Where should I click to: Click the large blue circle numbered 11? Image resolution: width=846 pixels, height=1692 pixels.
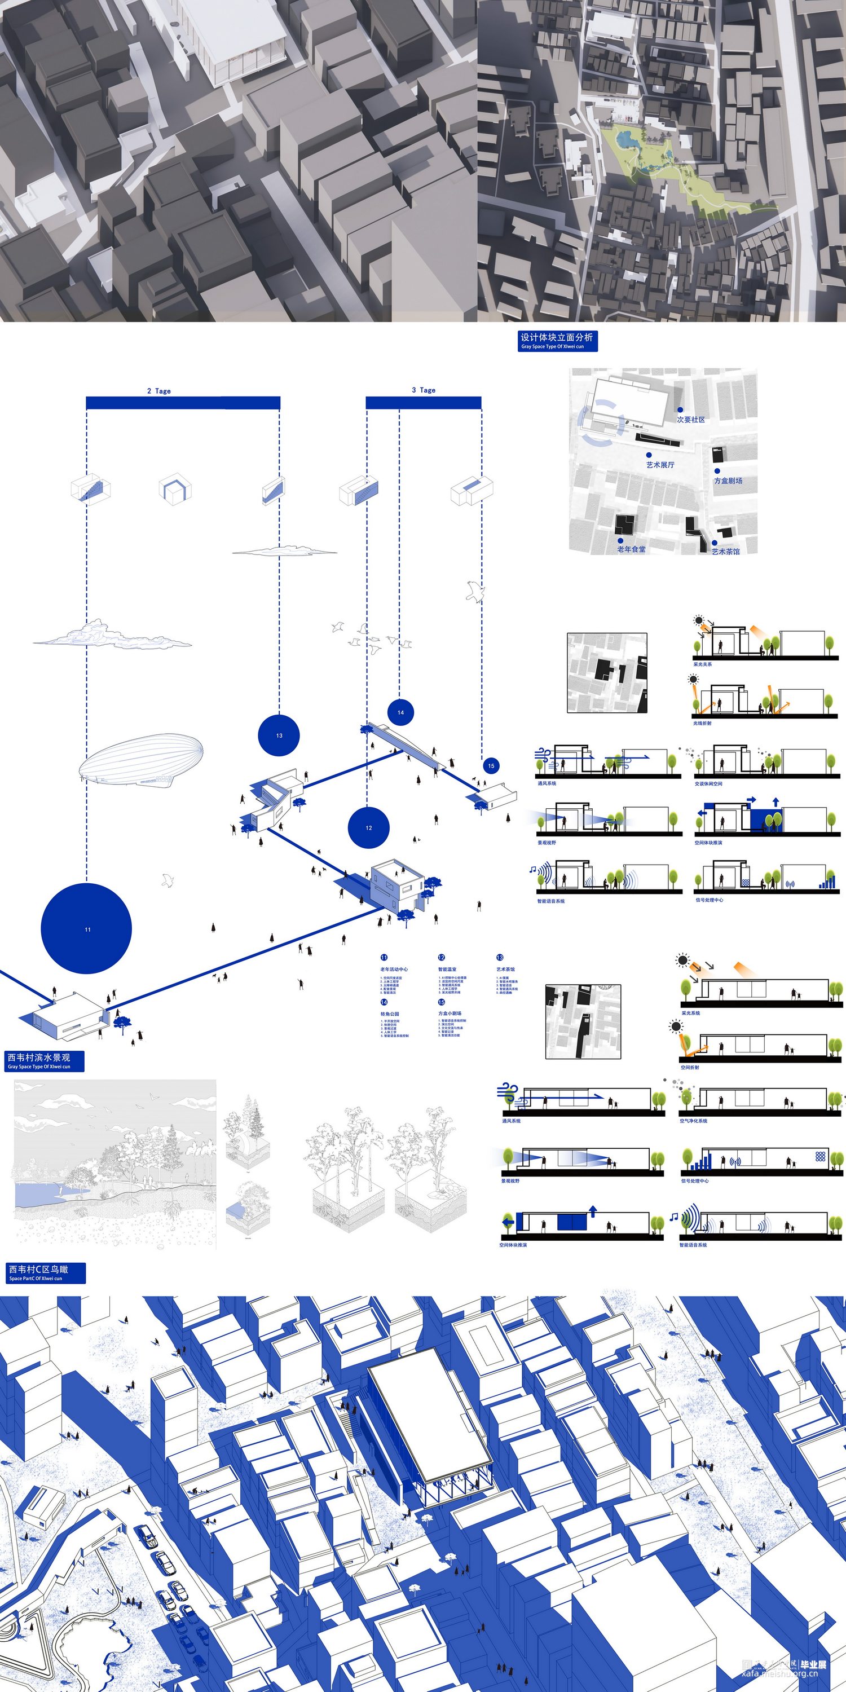[86, 928]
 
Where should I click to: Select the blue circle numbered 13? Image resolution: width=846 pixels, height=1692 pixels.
[279, 735]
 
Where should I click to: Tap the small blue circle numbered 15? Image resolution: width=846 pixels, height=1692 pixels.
[491, 765]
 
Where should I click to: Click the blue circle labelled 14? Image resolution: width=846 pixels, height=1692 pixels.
[400, 712]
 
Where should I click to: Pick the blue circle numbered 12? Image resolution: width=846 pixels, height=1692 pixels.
[368, 827]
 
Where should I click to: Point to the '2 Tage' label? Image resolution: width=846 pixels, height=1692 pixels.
[159, 391]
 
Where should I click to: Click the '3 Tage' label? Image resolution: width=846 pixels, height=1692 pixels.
[424, 390]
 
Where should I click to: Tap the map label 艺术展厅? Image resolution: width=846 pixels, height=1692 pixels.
[660, 464]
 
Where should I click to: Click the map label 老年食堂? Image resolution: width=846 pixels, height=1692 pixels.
[631, 549]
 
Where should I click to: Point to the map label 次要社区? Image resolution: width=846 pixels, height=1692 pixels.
[691, 419]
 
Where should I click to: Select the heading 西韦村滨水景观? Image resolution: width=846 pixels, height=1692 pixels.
[38, 1057]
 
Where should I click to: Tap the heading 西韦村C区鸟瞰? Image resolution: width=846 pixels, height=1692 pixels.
[38, 1270]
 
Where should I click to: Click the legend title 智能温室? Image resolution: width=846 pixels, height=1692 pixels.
[447, 970]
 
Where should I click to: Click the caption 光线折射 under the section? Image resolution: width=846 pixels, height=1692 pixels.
[702, 723]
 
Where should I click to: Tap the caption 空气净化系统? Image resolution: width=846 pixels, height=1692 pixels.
[694, 1121]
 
